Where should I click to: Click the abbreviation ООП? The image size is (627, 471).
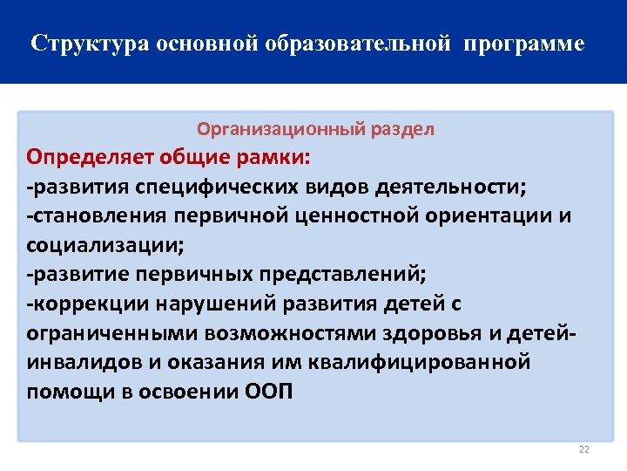pos(265,391)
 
